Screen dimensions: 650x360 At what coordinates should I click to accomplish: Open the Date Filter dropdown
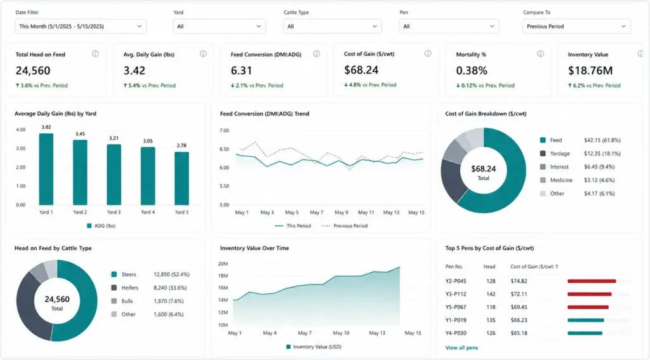(x=81, y=26)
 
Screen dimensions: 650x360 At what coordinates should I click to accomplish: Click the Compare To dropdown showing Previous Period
(x=576, y=26)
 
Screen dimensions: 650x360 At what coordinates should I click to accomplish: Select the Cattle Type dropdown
(x=333, y=26)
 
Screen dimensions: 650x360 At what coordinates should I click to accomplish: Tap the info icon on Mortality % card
(x=540, y=54)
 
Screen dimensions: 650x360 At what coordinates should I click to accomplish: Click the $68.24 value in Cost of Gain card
(x=361, y=70)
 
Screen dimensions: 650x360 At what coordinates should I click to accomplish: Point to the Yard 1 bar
(x=46, y=170)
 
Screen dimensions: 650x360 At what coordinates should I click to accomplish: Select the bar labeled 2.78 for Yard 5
(x=182, y=178)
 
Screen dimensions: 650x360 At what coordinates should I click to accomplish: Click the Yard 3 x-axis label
(x=114, y=212)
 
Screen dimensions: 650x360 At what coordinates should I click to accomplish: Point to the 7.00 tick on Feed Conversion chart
(x=224, y=131)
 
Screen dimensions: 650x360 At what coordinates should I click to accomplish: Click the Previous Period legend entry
(x=345, y=226)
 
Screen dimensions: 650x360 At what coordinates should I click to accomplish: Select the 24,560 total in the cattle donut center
(x=57, y=299)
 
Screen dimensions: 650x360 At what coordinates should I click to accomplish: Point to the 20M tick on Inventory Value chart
(x=223, y=263)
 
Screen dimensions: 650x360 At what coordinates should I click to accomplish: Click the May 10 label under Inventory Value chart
(x=341, y=333)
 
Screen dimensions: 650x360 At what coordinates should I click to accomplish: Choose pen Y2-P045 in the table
(x=456, y=281)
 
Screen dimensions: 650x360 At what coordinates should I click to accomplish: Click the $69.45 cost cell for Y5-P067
(x=519, y=307)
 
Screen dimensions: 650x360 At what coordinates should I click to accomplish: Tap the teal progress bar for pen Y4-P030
(x=585, y=333)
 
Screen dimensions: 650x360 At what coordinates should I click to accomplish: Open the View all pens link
(x=461, y=348)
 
